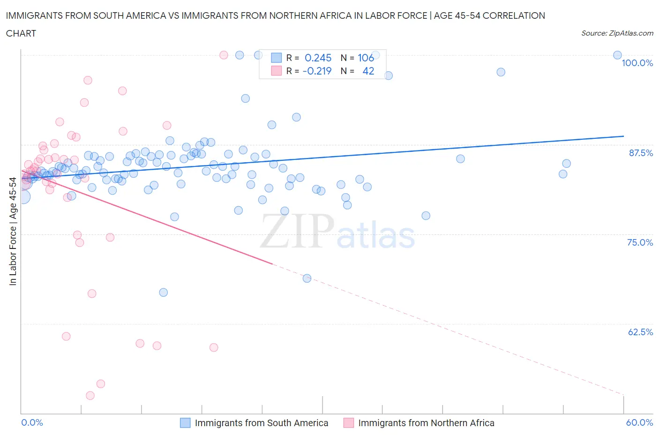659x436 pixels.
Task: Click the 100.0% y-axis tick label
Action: pyautogui.click(x=637, y=63)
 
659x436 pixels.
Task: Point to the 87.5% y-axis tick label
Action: pyautogui.click(x=640, y=153)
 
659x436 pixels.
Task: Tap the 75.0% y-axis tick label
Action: pyautogui.click(x=640, y=242)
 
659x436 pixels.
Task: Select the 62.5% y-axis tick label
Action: pyautogui.click(x=640, y=332)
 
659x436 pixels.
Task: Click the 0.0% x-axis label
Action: pyautogui.click(x=32, y=422)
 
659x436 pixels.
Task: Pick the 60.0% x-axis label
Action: pyautogui.click(x=639, y=422)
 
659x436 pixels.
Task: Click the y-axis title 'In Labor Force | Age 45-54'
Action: pyautogui.click(x=13, y=231)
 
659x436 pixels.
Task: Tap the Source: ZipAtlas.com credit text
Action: pyautogui.click(x=617, y=33)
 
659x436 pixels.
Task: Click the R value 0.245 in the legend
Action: pyautogui.click(x=318, y=58)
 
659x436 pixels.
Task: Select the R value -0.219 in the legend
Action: pyautogui.click(x=317, y=71)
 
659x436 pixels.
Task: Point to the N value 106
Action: pyautogui.click(x=366, y=58)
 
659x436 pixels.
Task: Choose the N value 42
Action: pyautogui.click(x=368, y=71)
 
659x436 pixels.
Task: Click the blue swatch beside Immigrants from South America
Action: pyautogui.click(x=186, y=423)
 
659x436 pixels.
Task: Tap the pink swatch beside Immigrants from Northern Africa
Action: pyautogui.click(x=348, y=423)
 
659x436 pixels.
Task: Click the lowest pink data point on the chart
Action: pyautogui.click(x=90, y=395)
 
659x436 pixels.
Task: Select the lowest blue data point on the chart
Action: pyautogui.click(x=163, y=292)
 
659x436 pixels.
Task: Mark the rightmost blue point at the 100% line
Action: pyautogui.click(x=617, y=55)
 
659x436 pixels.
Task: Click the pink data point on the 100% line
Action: pyautogui.click(x=224, y=55)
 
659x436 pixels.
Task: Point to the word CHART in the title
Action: pyautogui.click(x=21, y=33)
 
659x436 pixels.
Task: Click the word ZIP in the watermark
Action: pyautogui.click(x=297, y=231)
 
